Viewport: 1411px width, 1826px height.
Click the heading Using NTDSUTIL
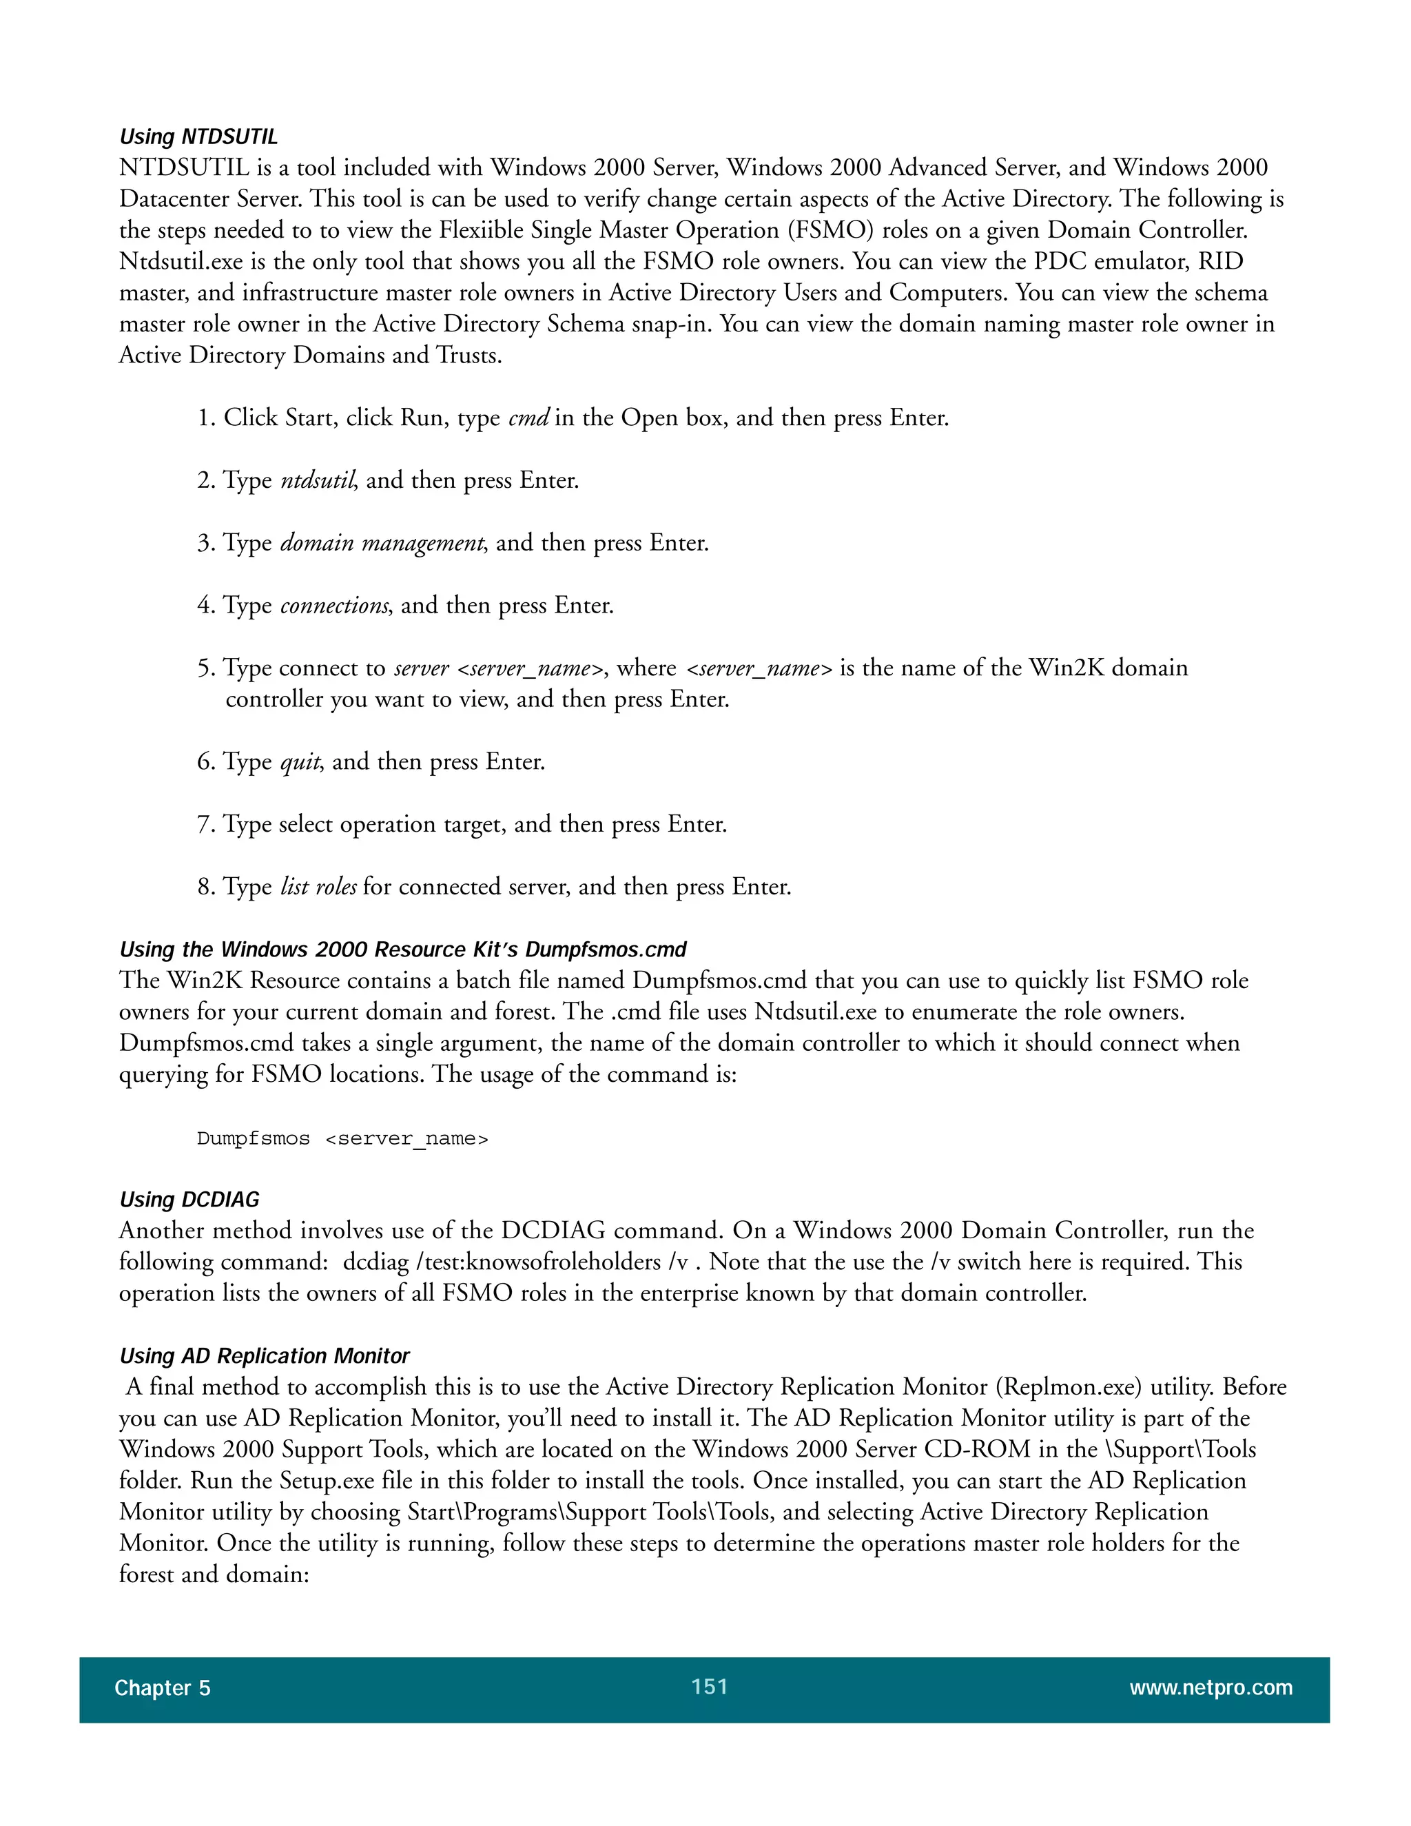click(x=198, y=136)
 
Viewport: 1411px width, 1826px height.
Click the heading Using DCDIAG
click(x=189, y=1199)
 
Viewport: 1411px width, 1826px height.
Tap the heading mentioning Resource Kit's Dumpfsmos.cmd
click(x=402, y=949)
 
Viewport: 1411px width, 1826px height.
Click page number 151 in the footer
click(x=709, y=1686)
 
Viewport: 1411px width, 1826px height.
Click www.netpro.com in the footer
click(x=1211, y=1687)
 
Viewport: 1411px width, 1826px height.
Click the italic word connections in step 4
click(x=334, y=605)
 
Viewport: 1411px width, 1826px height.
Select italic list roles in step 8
click(x=318, y=886)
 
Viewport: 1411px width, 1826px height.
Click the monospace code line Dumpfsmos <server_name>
click(x=342, y=1139)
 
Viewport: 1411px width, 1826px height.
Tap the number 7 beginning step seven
click(x=205, y=824)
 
